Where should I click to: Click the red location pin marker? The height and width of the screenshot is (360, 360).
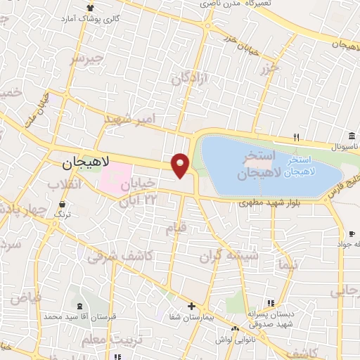pos(181,165)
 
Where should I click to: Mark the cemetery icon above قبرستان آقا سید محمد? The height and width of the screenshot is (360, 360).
pos(79,306)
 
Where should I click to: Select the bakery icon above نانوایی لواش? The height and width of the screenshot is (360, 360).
pos(236,328)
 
